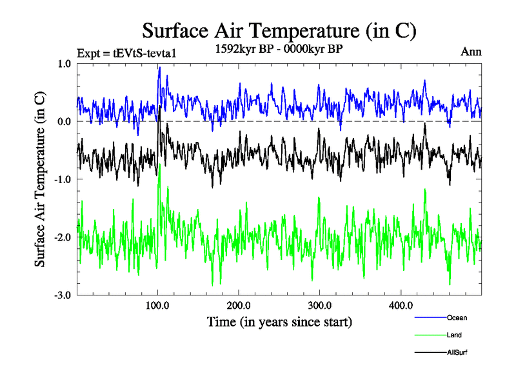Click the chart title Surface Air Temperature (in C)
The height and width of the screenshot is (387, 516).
point(279,30)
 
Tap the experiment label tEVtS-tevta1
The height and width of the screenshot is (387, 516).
point(126,53)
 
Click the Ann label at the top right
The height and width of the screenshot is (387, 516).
point(471,52)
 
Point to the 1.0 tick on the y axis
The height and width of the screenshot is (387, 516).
point(64,64)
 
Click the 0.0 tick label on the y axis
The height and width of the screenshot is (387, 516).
point(64,121)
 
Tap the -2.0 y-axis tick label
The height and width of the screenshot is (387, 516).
point(63,237)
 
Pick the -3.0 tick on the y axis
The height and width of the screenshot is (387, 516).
point(63,295)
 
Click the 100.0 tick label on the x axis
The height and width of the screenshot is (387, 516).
point(158,306)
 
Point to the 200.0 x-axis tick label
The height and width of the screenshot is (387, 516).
point(239,306)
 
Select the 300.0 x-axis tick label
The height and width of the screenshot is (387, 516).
point(320,306)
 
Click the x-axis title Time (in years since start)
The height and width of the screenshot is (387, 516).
point(279,321)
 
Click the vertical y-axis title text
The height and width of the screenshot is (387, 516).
point(40,179)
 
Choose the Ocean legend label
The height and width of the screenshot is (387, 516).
point(457,317)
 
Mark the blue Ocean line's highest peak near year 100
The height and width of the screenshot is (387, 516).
point(159,67)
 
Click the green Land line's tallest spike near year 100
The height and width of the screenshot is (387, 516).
point(159,165)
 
